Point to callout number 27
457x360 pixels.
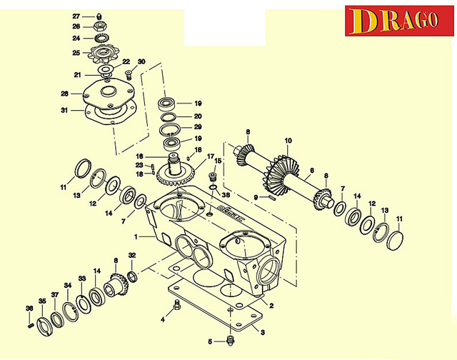tap(76, 16)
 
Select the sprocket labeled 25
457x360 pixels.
tap(104, 53)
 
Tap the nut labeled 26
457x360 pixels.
tap(100, 27)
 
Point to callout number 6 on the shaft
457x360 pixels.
tap(311, 171)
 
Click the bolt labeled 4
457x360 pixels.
tap(177, 306)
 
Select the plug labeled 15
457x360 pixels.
tap(211, 176)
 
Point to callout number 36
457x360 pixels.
tap(29, 309)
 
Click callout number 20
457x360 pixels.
tap(199, 116)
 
